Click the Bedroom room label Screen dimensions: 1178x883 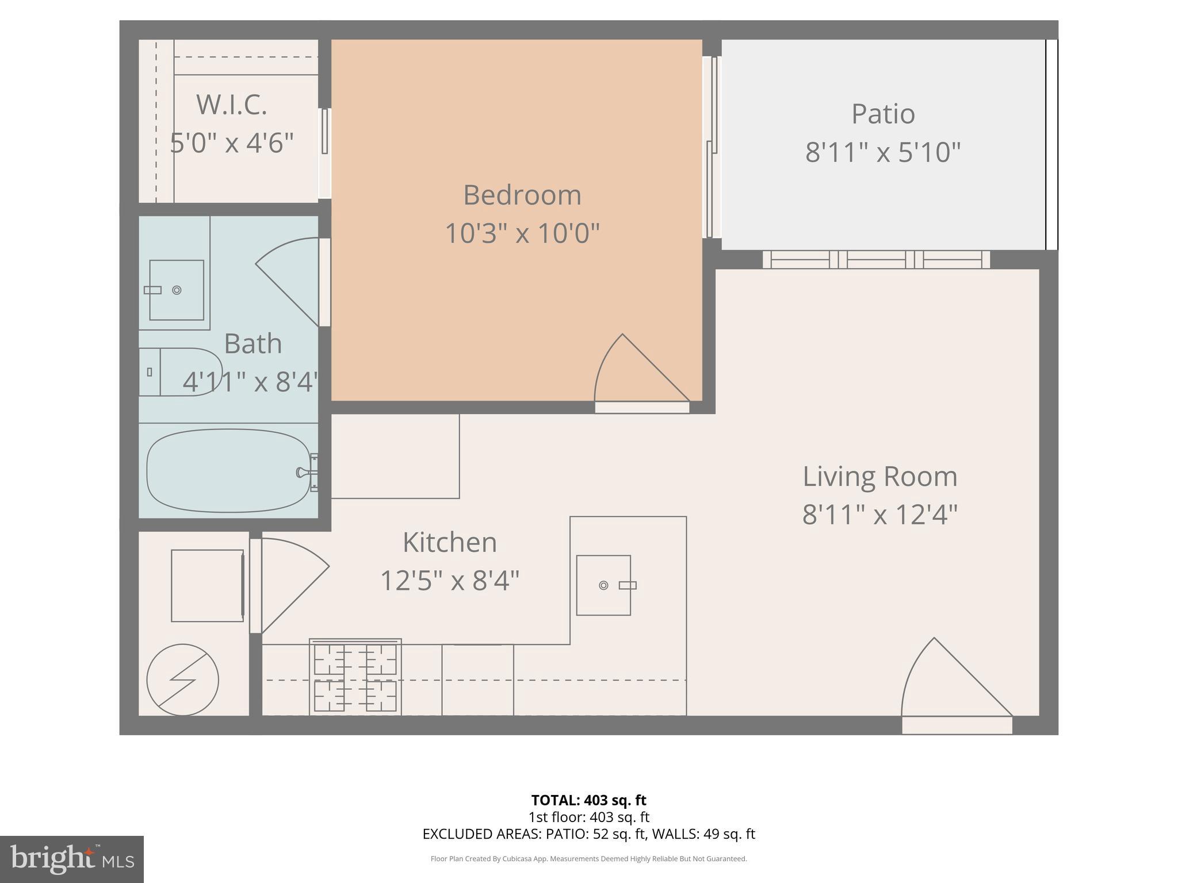click(x=522, y=195)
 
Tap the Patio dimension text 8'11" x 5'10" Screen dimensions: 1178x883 click(x=883, y=153)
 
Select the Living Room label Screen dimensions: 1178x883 click(x=880, y=477)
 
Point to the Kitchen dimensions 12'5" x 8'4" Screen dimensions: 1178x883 click(x=450, y=581)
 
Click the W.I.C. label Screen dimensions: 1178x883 click(x=232, y=105)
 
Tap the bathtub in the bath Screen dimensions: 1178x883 click(x=230, y=471)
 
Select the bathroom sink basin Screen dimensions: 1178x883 click(x=177, y=290)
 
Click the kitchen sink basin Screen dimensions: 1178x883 click(x=604, y=585)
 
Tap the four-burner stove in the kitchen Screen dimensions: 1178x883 click(x=355, y=677)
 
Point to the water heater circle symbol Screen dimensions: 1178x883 click(x=183, y=679)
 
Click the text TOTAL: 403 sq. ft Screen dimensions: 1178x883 click(x=588, y=800)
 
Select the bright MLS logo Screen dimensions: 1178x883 click(x=72, y=859)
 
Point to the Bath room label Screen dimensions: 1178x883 click(x=253, y=344)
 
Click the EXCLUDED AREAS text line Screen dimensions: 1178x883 click(x=588, y=834)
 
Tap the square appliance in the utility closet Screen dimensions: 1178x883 click(x=207, y=585)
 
